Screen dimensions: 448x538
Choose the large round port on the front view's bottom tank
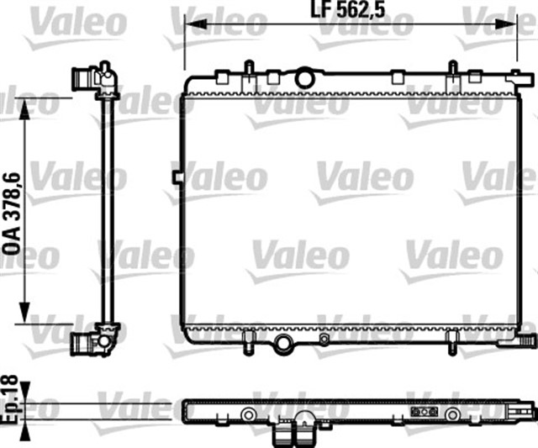(282, 343)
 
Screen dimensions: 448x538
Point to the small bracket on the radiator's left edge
(177, 177)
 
